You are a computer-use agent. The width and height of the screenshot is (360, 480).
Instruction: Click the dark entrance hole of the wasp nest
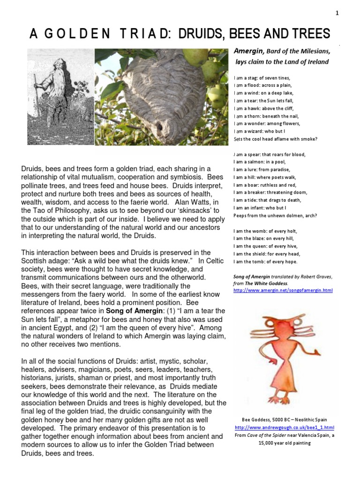tap(159, 127)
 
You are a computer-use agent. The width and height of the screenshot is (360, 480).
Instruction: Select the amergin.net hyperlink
tap(283, 291)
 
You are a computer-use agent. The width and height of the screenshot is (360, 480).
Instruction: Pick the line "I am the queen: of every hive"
tap(265, 246)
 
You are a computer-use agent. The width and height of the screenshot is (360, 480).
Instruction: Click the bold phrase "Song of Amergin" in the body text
tap(134, 311)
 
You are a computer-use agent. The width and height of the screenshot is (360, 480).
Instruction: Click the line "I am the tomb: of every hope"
tap(265, 262)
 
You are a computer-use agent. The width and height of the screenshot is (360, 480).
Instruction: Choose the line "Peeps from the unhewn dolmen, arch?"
tap(275, 216)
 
